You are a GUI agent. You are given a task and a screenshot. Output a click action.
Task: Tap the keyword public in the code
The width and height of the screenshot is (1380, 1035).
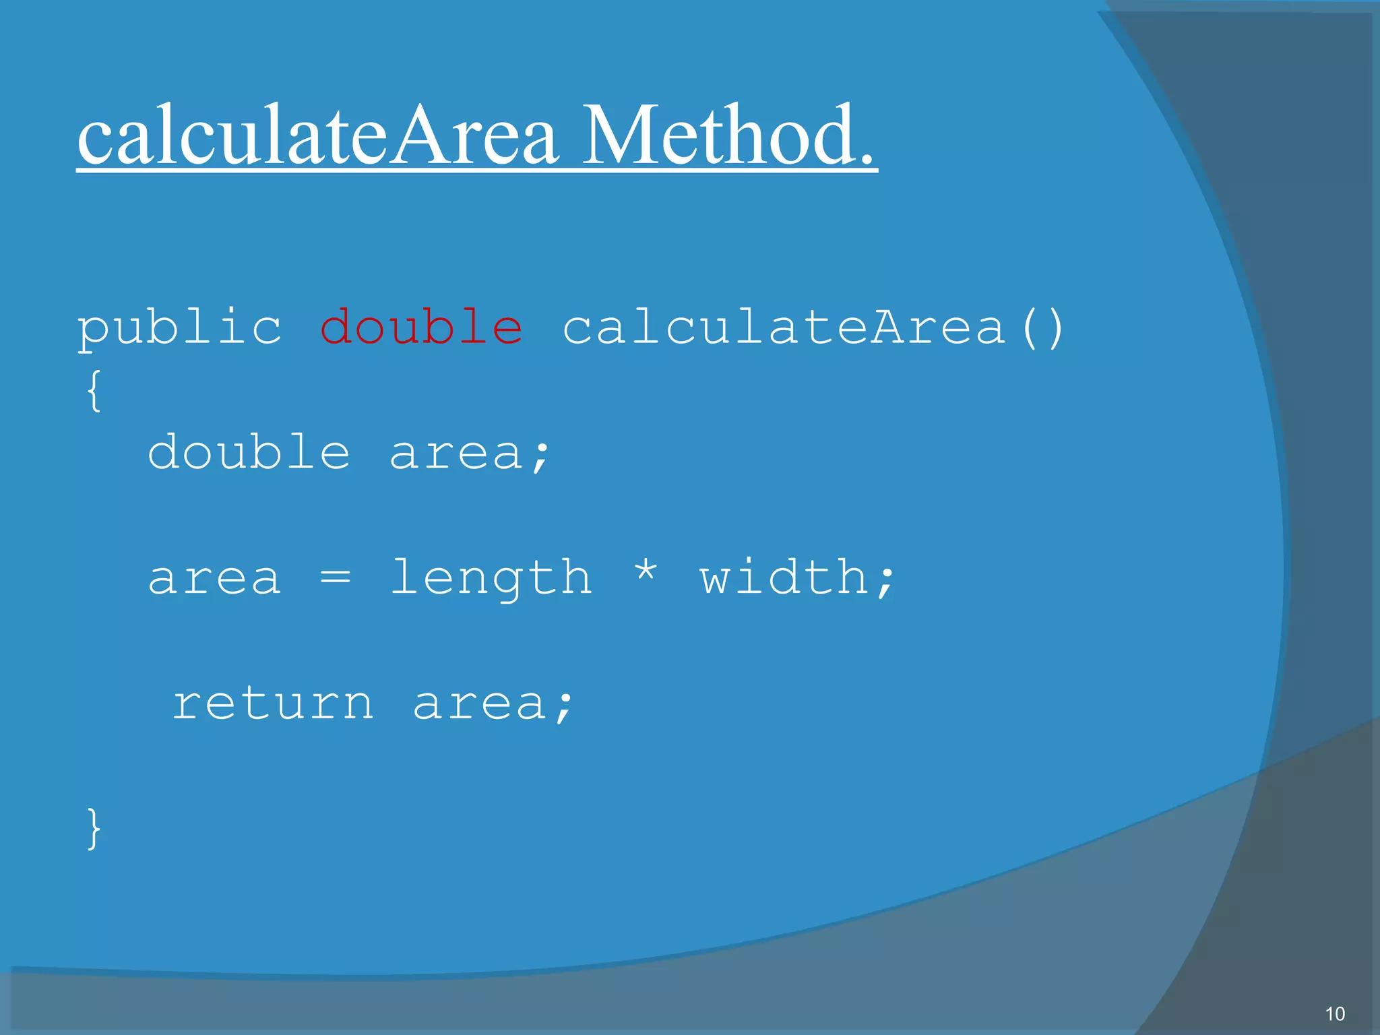coord(179,328)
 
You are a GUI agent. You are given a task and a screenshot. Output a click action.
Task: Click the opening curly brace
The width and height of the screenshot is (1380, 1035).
coord(94,390)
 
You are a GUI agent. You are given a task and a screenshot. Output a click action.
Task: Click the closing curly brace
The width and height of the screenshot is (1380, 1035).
coord(94,828)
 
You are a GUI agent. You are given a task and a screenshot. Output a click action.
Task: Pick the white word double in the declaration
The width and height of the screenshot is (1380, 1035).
coord(249,452)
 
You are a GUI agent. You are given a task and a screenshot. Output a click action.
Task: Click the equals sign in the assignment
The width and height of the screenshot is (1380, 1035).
coord(335,577)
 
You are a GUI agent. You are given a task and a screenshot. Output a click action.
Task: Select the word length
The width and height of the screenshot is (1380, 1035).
coord(491,579)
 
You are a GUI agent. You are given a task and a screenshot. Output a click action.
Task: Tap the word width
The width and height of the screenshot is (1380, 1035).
coord(784,577)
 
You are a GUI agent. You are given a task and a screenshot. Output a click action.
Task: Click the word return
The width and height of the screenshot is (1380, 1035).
coord(273,704)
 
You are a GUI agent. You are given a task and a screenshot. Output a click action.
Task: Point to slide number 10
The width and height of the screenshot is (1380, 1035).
coord(1335,1013)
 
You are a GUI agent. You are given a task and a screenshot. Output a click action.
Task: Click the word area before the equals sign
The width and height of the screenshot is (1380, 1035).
coord(214,579)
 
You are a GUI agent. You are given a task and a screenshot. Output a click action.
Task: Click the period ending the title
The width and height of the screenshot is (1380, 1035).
coord(865,159)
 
